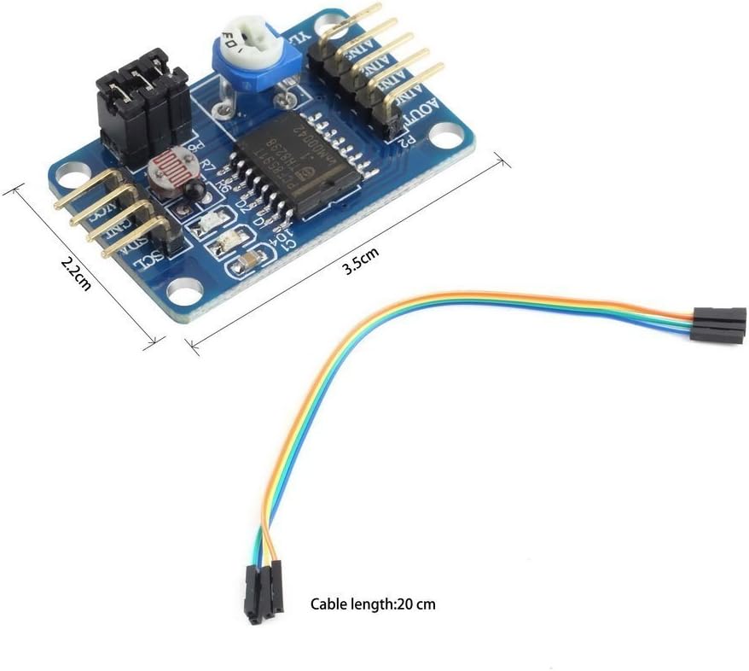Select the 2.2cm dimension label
(x=76, y=271)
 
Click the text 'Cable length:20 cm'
(x=373, y=604)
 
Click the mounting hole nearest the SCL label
(x=180, y=293)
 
